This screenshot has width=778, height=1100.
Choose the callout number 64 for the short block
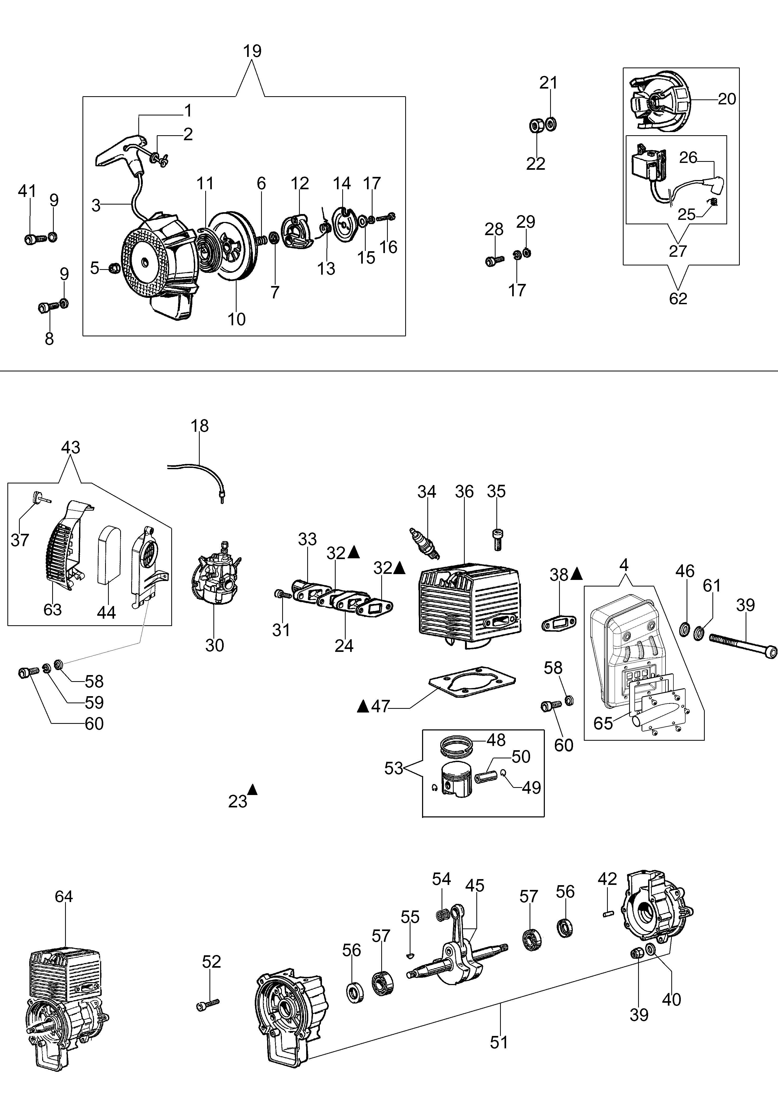pos(64,896)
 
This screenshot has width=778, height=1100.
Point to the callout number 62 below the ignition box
pos(678,299)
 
